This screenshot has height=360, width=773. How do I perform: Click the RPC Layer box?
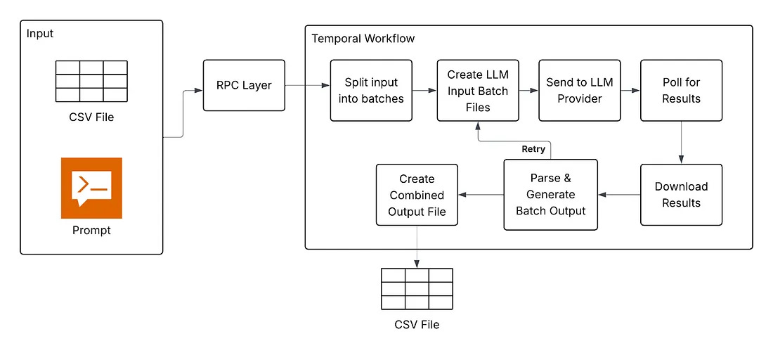tap(245, 85)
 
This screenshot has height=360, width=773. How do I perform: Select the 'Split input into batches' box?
tap(371, 90)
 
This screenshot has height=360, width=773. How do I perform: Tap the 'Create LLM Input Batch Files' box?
tap(478, 91)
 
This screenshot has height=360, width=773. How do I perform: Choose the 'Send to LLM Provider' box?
tap(580, 90)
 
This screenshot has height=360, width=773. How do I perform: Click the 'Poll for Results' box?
tap(681, 90)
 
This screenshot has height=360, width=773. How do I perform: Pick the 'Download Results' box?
tap(681, 195)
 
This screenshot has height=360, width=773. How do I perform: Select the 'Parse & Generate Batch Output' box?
tap(550, 195)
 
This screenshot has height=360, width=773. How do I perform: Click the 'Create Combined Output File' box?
tap(417, 195)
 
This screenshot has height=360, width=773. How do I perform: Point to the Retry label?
tap(533, 149)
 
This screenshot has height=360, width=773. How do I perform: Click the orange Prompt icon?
tap(91, 188)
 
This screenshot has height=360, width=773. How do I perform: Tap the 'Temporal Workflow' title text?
tap(363, 39)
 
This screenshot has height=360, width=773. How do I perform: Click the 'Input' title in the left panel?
tap(40, 34)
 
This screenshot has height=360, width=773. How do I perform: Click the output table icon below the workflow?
tap(417, 288)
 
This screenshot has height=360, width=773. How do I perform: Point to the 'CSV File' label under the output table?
tap(417, 324)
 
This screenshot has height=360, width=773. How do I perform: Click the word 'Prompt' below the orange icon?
tap(91, 230)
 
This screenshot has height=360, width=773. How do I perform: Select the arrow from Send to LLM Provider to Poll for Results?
tap(631, 90)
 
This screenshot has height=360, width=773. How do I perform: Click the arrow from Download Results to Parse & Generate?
tap(618, 195)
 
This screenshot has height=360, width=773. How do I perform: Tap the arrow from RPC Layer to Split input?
tap(307, 86)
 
